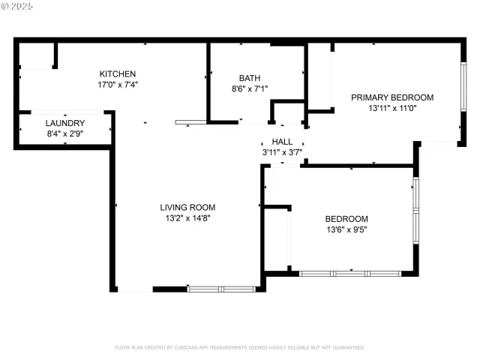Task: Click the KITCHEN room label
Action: point(118,74)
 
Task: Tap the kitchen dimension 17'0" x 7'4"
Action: point(118,85)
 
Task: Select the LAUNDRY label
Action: point(64,124)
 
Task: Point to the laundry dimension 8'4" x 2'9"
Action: point(64,134)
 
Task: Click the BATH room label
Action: point(250,78)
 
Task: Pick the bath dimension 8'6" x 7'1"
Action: point(250,88)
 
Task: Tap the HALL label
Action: point(282,142)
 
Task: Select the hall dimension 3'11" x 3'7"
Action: point(282,152)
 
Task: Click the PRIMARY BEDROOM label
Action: point(392,97)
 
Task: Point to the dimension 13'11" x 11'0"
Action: point(392,108)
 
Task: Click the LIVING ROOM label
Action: point(187,208)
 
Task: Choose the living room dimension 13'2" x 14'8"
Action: point(187,218)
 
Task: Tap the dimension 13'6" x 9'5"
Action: point(346,229)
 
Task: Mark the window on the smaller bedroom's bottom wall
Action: point(351,274)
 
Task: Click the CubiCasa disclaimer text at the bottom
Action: point(239,347)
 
